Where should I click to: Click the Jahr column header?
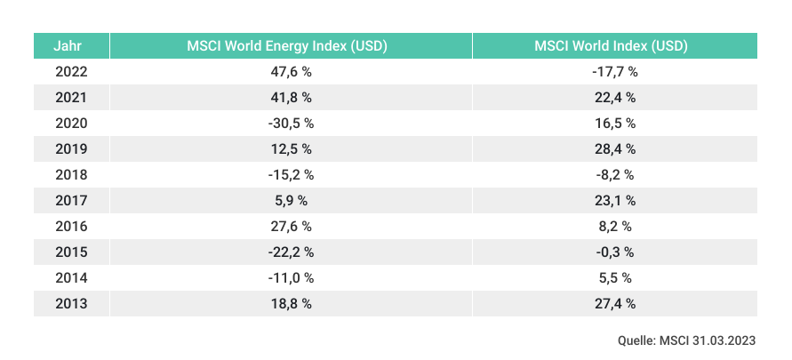pos(71,46)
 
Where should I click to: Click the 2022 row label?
pos(71,72)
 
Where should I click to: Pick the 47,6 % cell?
pos(291,72)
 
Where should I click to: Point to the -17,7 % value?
pos(614,72)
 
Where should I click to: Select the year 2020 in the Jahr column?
pos(71,124)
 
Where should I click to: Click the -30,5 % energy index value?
pos(291,124)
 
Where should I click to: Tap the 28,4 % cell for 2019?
pos(614,149)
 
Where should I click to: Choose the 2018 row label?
pos(71,175)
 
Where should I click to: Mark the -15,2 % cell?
pos(291,175)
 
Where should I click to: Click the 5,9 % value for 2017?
pos(291,201)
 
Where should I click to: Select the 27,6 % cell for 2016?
pos(291,227)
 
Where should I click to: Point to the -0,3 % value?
pos(614,252)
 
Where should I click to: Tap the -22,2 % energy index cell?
pos(291,252)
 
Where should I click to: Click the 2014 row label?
pos(71,278)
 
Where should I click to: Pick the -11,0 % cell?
pos(291,278)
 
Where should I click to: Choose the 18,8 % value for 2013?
pos(291,304)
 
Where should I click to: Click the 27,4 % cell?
pos(614,304)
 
